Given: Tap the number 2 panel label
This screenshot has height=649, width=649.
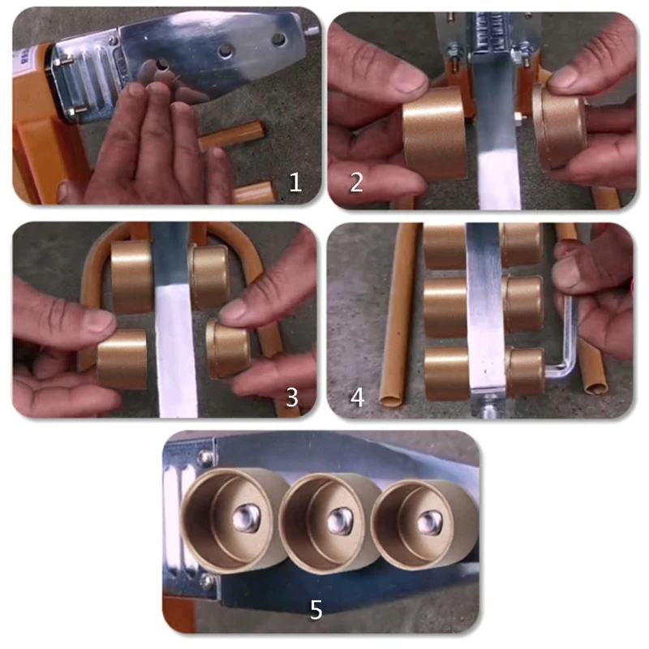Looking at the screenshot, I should [356, 182].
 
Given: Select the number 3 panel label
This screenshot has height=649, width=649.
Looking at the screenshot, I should [292, 397].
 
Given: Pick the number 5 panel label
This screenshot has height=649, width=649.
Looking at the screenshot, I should [316, 609].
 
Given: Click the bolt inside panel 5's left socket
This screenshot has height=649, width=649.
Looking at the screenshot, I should [246, 517].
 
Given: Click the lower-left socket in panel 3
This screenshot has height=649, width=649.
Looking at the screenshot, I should [122, 358].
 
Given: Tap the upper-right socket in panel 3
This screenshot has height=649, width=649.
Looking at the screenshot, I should [209, 277].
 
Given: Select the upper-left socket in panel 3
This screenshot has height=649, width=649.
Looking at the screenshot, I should [131, 276].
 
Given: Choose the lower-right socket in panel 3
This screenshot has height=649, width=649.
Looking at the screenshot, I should [228, 347].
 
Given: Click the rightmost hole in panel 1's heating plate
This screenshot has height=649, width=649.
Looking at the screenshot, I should [278, 38].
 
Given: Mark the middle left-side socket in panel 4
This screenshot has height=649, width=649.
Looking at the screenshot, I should [445, 307].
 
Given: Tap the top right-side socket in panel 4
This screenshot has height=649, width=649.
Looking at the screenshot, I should [521, 243].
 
